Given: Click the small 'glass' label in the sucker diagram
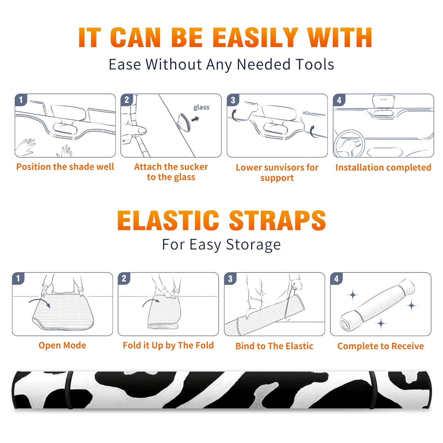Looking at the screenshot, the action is pos(201,107).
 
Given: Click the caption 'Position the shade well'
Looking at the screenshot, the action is pos(65,167).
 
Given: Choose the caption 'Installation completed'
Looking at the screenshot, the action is pos(383,168).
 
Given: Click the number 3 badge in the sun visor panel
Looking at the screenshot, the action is pos(233,100).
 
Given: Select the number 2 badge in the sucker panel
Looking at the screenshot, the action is pos(127,100).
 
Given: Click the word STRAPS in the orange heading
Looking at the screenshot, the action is pos(277,220).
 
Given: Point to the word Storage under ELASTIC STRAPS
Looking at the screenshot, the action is pos(253,245).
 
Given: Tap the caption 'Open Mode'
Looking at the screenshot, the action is pos(62,345).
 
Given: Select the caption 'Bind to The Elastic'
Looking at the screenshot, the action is pos(274,346).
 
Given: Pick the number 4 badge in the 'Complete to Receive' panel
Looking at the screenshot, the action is pos(336,279).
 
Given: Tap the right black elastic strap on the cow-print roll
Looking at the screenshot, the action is pos(373,390).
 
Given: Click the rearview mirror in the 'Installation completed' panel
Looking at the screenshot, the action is pos(383,102).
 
